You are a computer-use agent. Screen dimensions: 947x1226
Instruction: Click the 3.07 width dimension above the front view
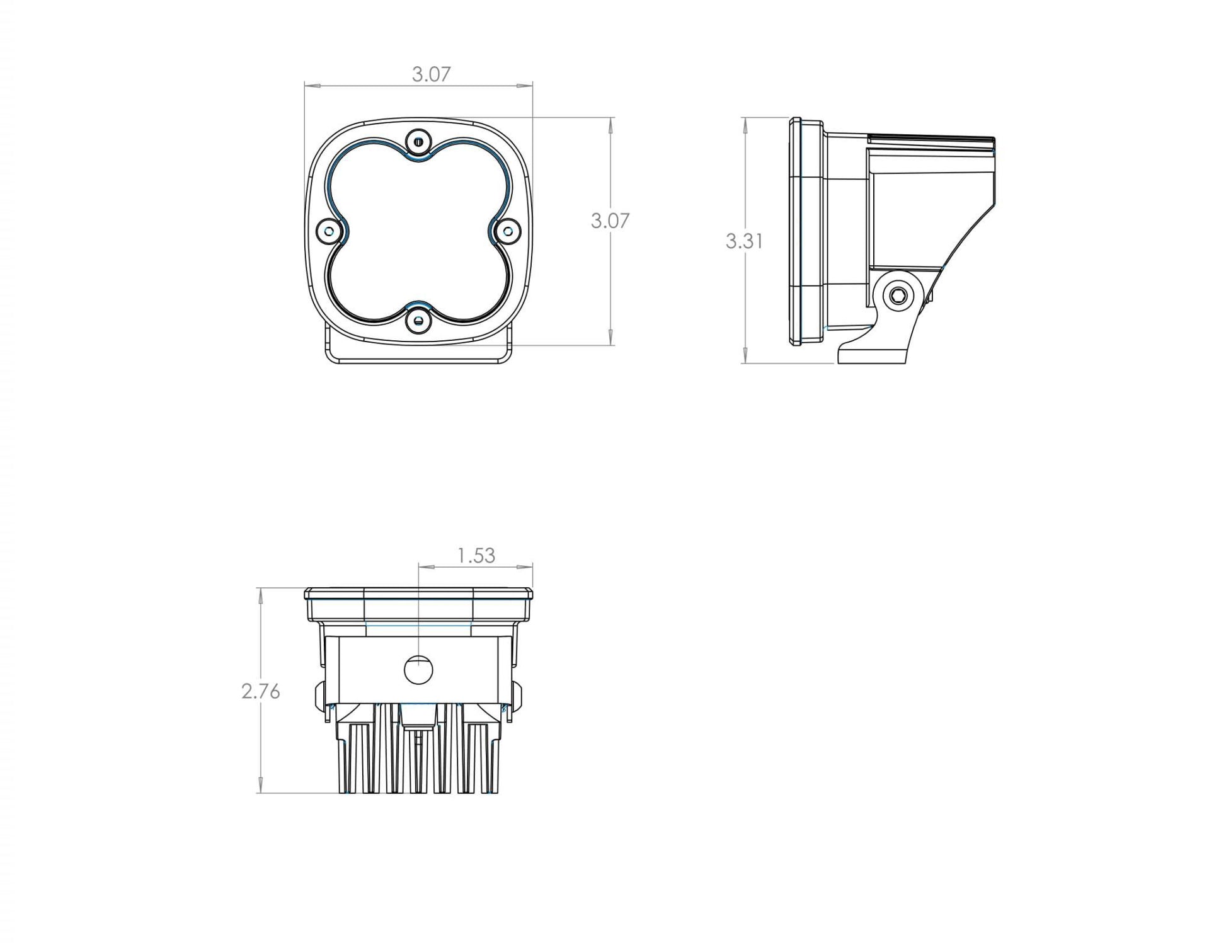click(431, 74)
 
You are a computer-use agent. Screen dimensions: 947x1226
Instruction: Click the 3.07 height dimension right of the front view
click(610, 221)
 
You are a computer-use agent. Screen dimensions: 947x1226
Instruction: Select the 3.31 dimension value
click(744, 241)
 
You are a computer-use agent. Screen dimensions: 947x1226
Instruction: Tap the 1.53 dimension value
click(476, 555)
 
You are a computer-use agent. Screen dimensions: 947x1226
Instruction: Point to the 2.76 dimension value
click(260, 691)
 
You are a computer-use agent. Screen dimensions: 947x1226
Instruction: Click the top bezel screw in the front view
click(418, 141)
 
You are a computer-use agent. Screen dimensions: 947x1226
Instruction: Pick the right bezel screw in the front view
click(507, 231)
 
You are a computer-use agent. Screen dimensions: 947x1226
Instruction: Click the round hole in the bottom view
click(418, 669)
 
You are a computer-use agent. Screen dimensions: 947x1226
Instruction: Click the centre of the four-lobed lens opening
click(418, 231)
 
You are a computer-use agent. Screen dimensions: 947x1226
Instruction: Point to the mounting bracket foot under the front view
click(418, 355)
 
